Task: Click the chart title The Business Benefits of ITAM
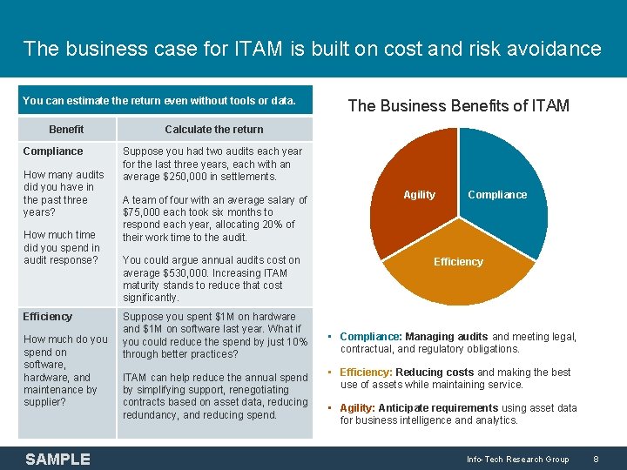[x=458, y=106]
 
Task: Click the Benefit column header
[x=66, y=130]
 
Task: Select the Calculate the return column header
[x=213, y=130]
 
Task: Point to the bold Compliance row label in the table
[x=53, y=151]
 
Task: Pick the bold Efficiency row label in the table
[x=48, y=317]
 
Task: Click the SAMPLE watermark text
[x=57, y=459]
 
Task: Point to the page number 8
[x=596, y=459]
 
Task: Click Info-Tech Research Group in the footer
[x=517, y=459]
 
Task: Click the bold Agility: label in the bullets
[x=359, y=408]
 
